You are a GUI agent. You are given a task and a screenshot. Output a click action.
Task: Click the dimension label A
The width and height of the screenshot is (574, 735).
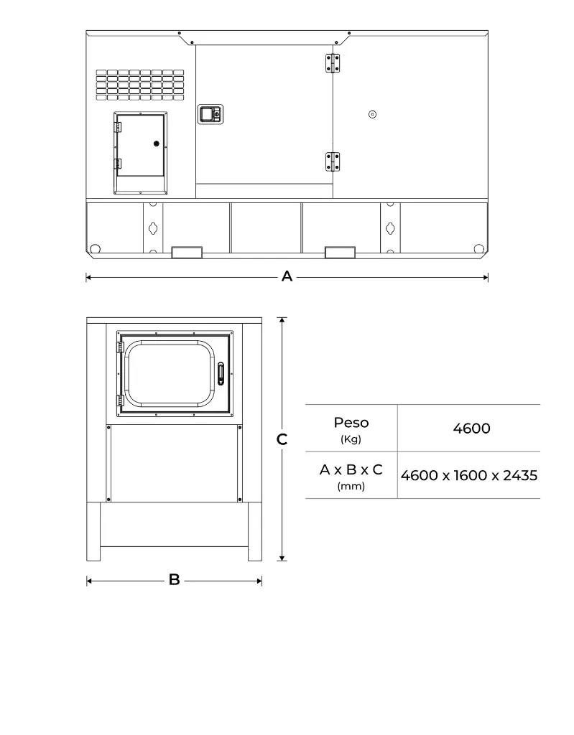tap(287, 276)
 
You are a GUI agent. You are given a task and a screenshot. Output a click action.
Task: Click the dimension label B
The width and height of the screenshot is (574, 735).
tap(174, 580)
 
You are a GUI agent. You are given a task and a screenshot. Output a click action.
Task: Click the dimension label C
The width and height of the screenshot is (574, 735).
tap(282, 439)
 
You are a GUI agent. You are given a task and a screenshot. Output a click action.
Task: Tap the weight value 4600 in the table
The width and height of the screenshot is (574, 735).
tap(471, 429)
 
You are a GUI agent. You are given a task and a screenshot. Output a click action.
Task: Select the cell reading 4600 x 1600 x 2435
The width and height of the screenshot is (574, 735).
tap(469, 475)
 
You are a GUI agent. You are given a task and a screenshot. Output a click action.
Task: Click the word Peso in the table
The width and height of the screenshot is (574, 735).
tap(351, 423)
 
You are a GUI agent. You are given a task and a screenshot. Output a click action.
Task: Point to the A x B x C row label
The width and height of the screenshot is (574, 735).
tap(351, 470)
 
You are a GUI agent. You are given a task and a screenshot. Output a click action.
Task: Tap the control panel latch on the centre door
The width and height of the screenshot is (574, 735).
tap(210, 113)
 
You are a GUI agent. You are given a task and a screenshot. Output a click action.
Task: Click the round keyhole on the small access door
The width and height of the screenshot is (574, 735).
tap(156, 144)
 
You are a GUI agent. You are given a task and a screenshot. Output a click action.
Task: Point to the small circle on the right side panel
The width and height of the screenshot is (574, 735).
tap(372, 115)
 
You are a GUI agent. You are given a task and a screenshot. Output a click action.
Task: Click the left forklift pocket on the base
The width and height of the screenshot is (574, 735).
tap(187, 252)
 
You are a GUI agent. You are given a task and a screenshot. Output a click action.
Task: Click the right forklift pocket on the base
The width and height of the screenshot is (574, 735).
tap(340, 252)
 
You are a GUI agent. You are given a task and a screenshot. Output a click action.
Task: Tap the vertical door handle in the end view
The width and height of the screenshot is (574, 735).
tap(221, 374)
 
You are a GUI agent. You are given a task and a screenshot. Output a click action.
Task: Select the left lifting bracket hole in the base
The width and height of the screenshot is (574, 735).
tap(152, 228)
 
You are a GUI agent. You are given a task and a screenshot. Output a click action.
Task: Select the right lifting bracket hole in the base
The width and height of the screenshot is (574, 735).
tap(390, 228)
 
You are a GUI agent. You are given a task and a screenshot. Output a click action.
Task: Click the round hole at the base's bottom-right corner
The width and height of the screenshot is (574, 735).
tap(478, 248)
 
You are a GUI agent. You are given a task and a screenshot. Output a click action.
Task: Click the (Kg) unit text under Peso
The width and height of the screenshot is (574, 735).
tap(351, 439)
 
